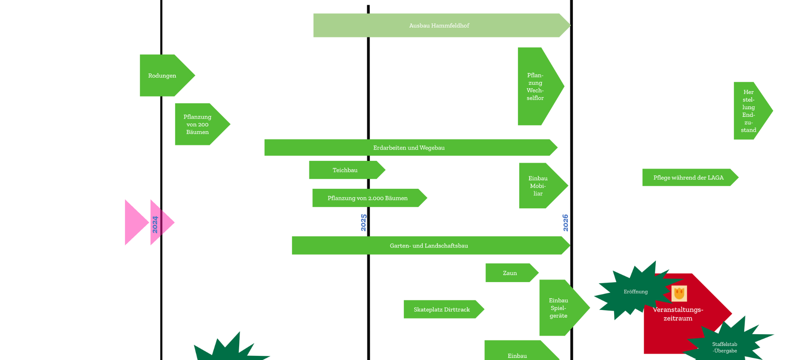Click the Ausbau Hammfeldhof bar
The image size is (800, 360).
tap(439, 25)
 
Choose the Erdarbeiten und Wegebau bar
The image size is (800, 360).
tap(409, 147)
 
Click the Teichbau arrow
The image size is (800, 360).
tap(345, 170)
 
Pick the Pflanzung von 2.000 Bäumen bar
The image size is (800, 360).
tap(367, 198)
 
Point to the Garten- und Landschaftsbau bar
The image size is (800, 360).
tap(429, 245)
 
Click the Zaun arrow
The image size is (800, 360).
tap(510, 273)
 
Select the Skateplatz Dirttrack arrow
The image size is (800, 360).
tap(442, 309)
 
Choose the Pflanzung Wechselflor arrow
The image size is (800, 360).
tap(536, 86)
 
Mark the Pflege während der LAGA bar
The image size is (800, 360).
tap(688, 177)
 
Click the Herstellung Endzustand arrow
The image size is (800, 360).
tap(749, 111)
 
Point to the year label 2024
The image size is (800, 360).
tap(155, 224)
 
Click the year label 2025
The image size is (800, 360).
tap(364, 222)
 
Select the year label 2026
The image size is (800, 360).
tap(565, 222)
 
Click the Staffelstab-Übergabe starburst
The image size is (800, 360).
tap(725, 347)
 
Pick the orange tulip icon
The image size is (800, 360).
tap(679, 293)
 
